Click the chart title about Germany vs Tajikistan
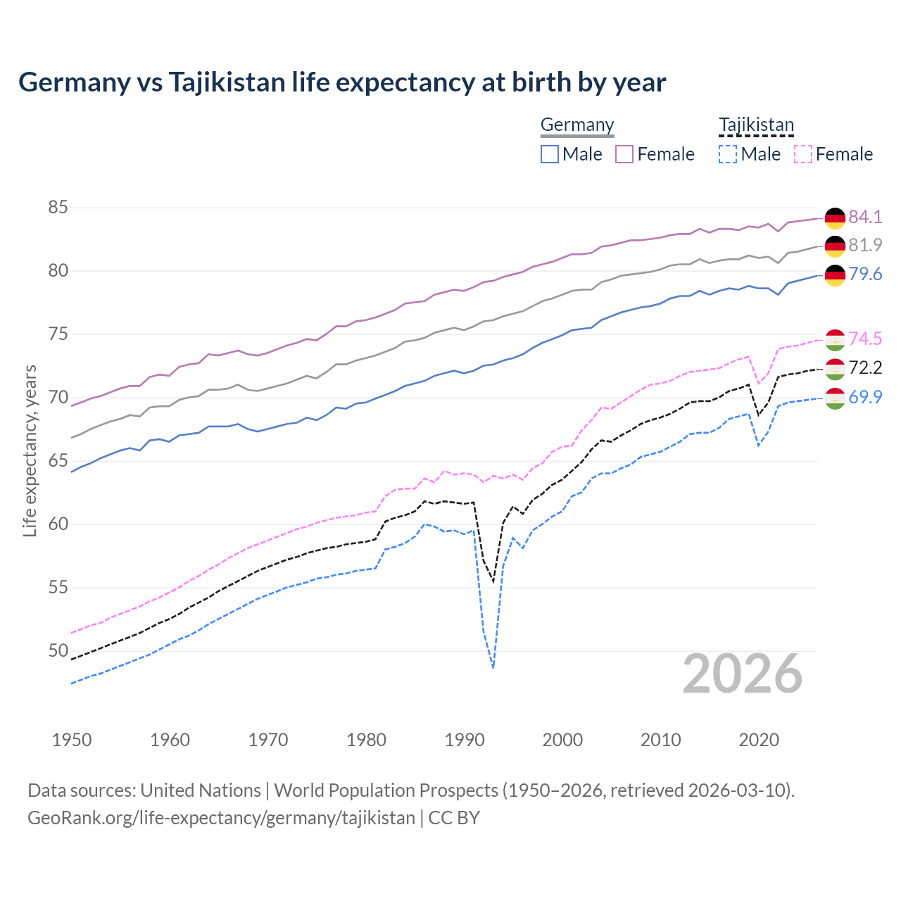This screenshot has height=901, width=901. tap(342, 82)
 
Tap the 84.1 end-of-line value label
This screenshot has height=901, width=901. tap(865, 217)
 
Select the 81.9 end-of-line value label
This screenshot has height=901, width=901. tap(865, 245)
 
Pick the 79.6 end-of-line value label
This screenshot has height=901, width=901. tap(865, 274)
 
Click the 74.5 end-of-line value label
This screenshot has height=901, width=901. tap(865, 339)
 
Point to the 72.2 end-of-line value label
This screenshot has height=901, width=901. tap(865, 367)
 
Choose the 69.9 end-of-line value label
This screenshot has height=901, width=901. tap(865, 397)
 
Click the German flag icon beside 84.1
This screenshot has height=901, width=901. tap(835, 218)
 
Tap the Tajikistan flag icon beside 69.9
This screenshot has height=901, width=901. tap(835, 398)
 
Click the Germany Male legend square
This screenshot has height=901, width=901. tap(550, 154)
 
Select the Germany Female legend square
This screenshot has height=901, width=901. tap(624, 154)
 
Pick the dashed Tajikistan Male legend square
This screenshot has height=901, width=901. tap(728, 154)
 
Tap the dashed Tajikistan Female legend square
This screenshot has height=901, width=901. tap(803, 154)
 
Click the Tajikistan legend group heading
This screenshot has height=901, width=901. tap(756, 125)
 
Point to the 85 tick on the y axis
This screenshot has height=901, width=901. tap(58, 208)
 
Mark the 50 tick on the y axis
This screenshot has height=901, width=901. tap(58, 650)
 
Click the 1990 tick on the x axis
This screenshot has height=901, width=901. tap(465, 740)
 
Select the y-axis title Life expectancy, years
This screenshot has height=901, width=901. tap(30, 450)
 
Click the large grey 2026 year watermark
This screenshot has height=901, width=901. tap(743, 674)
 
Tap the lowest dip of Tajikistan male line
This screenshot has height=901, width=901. tap(493, 667)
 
